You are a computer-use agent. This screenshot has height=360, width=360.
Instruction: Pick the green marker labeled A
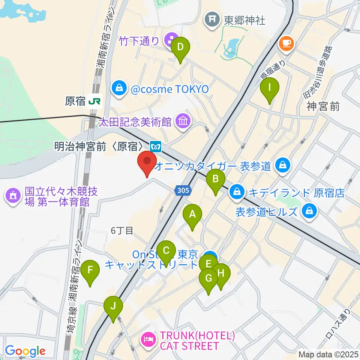(192, 215)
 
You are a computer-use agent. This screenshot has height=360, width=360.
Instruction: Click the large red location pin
(147, 163)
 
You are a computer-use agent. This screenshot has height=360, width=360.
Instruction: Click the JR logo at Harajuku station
(95, 101)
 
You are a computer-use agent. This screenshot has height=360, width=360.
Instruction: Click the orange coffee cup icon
(286, 43)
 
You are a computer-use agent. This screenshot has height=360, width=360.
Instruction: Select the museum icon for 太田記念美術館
(183, 121)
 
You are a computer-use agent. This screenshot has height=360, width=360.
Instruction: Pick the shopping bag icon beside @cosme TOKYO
(119, 89)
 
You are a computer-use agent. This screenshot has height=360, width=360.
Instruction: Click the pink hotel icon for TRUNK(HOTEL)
(148, 340)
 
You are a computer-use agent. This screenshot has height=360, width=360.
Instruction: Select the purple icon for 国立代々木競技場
(13, 196)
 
